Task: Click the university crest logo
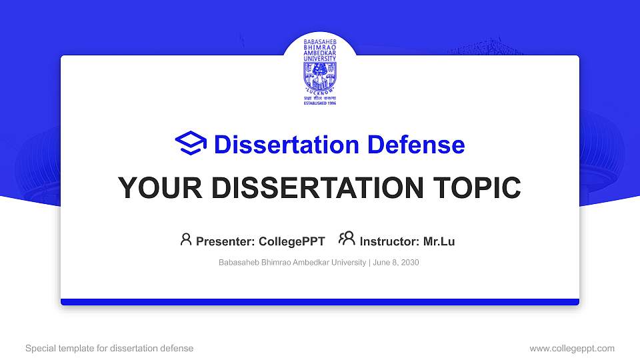[x=320, y=75]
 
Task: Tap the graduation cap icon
[x=191, y=144]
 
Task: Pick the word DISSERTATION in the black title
[x=313, y=188]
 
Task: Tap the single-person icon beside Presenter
[x=186, y=239]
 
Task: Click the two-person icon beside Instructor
[x=347, y=239]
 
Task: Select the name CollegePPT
[x=293, y=241]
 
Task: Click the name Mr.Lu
[x=439, y=241]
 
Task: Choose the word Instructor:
[x=389, y=241]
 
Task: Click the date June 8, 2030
[x=395, y=263]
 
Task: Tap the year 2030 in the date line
[x=409, y=263]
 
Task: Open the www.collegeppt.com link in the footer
[x=572, y=348]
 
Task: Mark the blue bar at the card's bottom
[x=320, y=302]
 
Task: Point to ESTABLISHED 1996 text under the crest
[x=320, y=104]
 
